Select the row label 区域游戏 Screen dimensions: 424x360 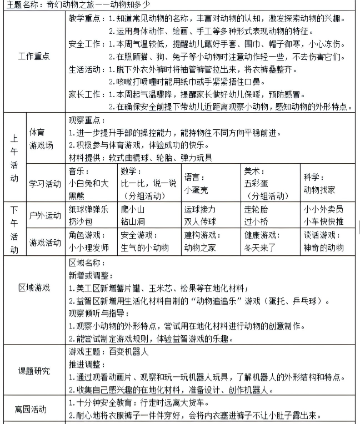coord(34,287)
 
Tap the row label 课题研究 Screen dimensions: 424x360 coord(34,371)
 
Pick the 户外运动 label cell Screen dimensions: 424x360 coord(46,215)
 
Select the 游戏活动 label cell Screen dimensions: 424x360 coord(46,242)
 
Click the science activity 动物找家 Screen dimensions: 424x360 coord(319,189)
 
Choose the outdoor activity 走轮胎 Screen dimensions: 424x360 coord(256,209)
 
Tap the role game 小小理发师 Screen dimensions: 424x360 coord(89,248)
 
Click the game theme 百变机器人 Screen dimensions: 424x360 coord(128,351)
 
